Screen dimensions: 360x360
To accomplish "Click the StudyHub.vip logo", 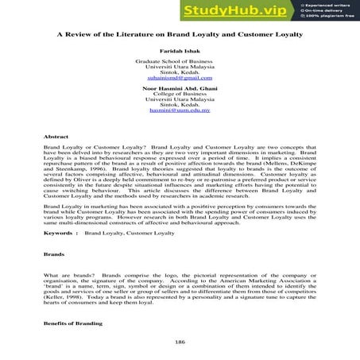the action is pyautogui.click(x=238, y=11).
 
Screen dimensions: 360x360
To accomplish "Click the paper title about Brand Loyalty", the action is pyautogui.click(x=180, y=36).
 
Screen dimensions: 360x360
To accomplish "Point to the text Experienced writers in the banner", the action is pyautogui.click(x=328, y=5).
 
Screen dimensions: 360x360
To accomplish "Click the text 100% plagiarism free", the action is pyautogui.click(x=330, y=17).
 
